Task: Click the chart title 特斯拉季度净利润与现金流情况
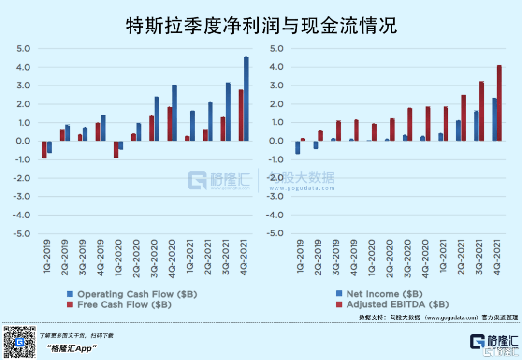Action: tap(261, 25)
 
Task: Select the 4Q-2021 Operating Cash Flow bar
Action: tap(246, 99)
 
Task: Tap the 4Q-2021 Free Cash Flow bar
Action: tap(241, 115)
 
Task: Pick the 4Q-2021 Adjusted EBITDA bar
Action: tap(499, 103)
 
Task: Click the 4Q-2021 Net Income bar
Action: tap(494, 119)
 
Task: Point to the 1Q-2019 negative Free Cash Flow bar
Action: tap(44, 150)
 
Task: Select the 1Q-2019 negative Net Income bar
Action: tap(298, 148)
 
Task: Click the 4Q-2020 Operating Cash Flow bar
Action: tap(174, 113)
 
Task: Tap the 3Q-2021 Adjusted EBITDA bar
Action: tap(481, 111)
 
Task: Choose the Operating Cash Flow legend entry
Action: tap(132, 294)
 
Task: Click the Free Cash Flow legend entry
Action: tap(119, 305)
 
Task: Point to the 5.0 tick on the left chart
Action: tap(22, 49)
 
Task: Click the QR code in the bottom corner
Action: tap(20, 342)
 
